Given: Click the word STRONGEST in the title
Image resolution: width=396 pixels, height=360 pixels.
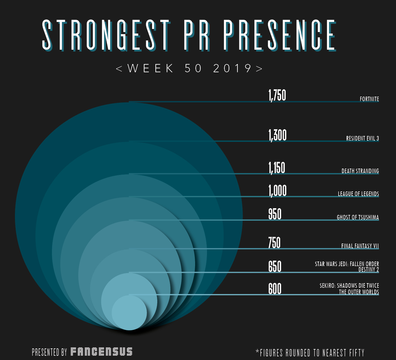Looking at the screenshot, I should click(105, 35).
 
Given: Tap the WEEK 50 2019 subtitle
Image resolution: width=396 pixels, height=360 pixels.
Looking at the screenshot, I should click(189, 68).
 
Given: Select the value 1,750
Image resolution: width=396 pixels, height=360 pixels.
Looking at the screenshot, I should click(277, 95).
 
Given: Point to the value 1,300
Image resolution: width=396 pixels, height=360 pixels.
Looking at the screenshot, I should click(277, 135).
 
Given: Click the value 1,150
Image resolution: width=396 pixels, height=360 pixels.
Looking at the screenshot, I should click(277, 168).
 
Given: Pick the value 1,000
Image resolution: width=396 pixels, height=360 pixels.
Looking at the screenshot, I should click(277, 191).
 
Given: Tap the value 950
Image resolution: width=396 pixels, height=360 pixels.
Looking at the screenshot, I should click(275, 214).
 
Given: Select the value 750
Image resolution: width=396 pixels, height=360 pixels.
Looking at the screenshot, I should click(274, 243).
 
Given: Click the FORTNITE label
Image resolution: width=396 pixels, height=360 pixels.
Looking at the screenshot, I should click(369, 99).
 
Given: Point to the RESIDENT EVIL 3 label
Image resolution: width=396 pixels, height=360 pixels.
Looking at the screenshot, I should click(362, 138).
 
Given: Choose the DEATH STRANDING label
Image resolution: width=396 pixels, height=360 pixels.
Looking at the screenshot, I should click(360, 171).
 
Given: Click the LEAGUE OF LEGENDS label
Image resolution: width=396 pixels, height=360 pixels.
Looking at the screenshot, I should click(358, 194).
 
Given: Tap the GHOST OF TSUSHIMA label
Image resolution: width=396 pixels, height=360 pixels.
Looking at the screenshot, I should click(358, 217).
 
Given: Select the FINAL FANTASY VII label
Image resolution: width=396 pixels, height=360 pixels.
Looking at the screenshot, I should click(360, 246).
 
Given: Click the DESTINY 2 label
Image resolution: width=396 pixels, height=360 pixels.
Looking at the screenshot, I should click(368, 269).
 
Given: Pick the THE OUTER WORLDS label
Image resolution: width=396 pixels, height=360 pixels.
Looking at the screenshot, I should click(359, 292).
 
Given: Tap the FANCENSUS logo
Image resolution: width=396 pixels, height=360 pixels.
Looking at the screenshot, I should click(102, 352).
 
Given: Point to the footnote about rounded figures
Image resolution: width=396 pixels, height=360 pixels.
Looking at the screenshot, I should click(310, 353).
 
